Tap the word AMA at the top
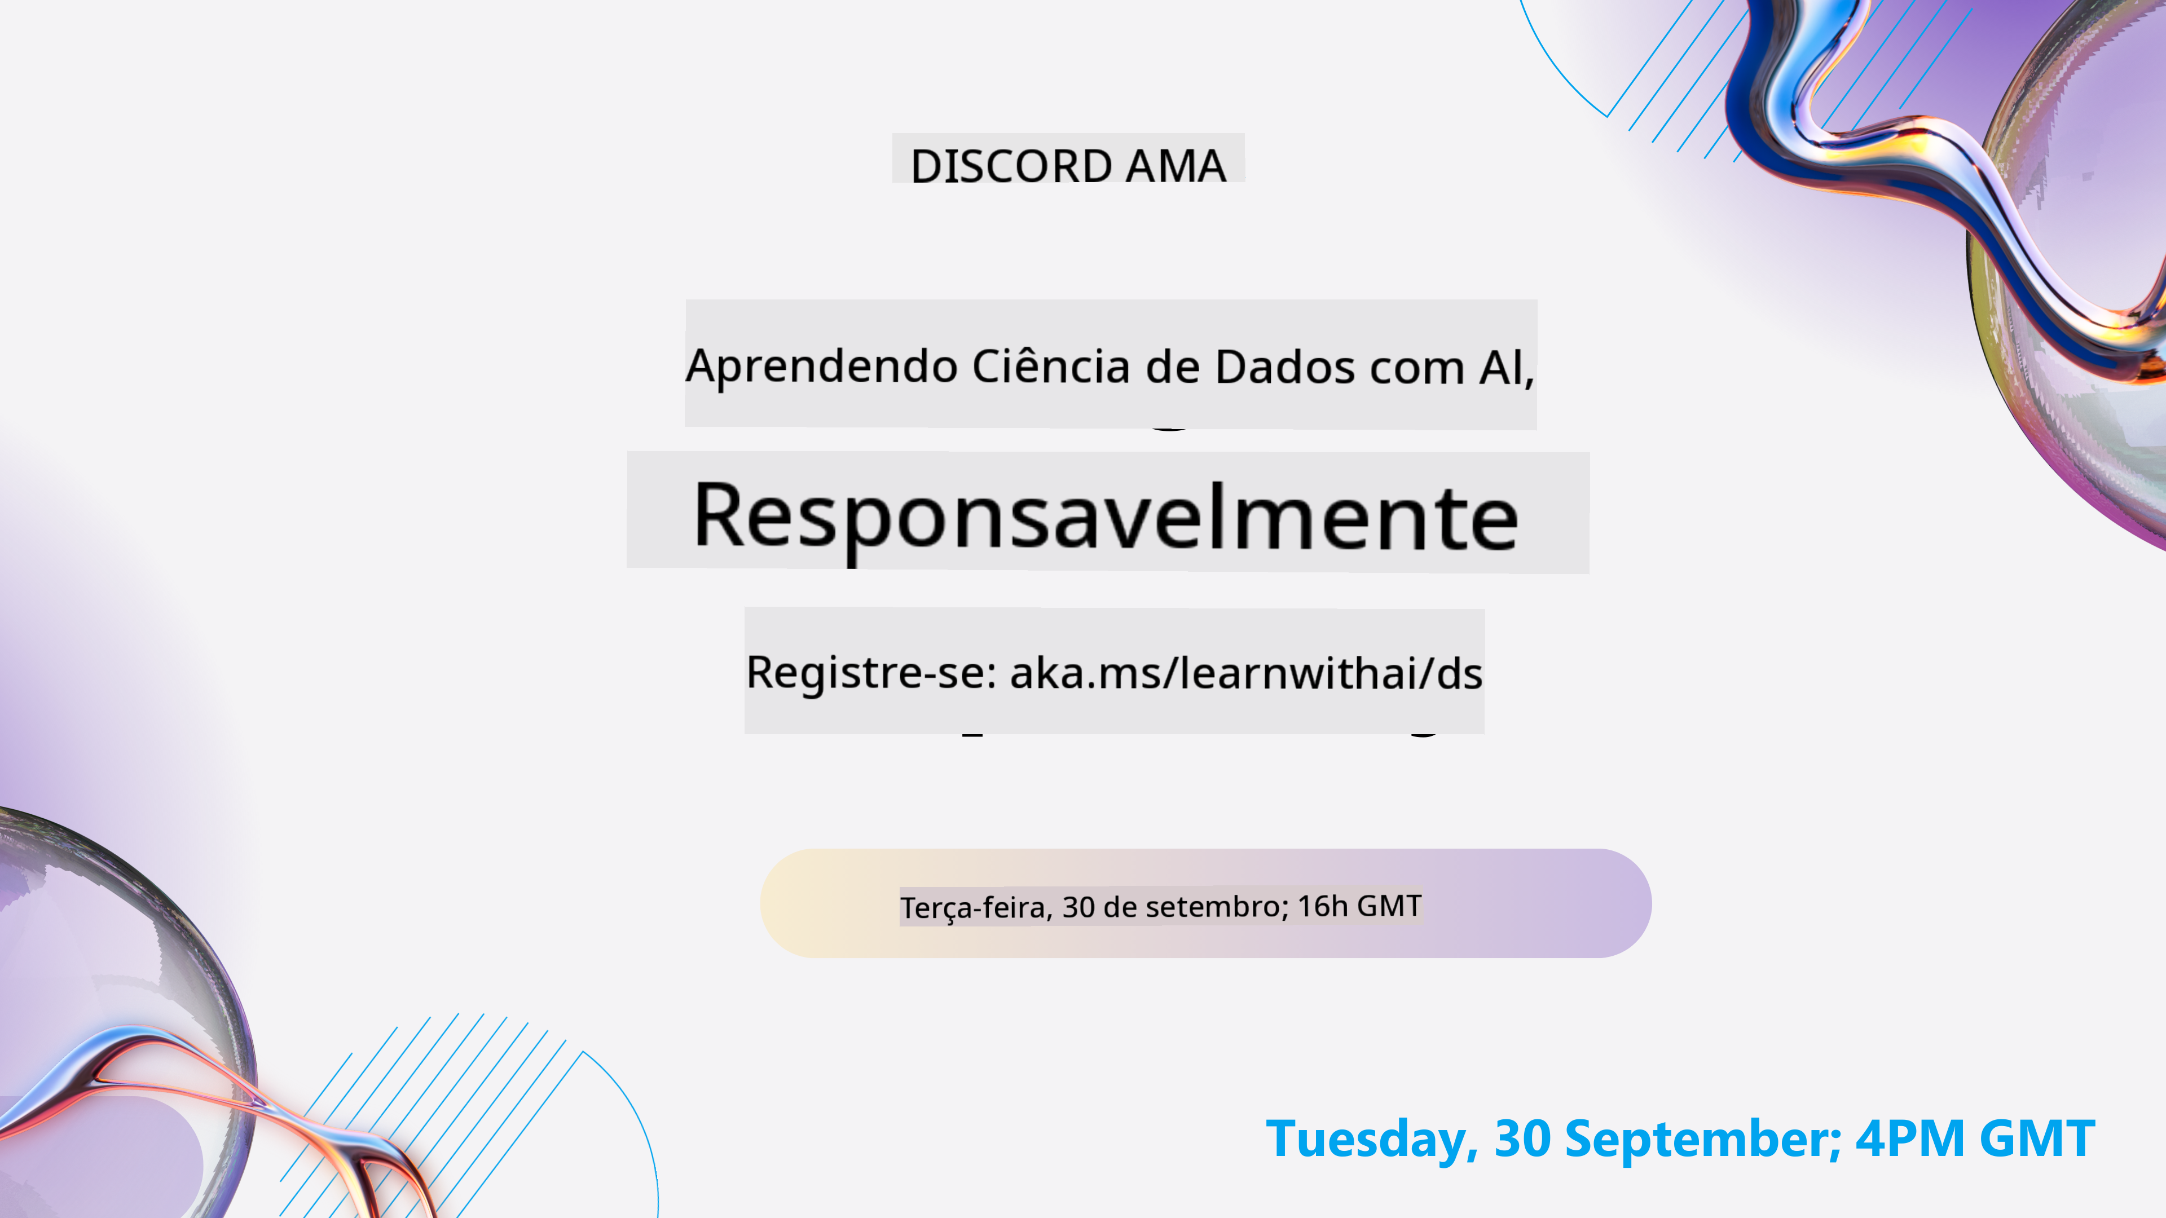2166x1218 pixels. (x=1176, y=166)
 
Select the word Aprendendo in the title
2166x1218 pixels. (x=821, y=368)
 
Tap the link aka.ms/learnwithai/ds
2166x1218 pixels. (x=1246, y=673)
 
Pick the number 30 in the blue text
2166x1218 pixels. (x=1522, y=1139)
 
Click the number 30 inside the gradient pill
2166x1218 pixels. (x=1079, y=907)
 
